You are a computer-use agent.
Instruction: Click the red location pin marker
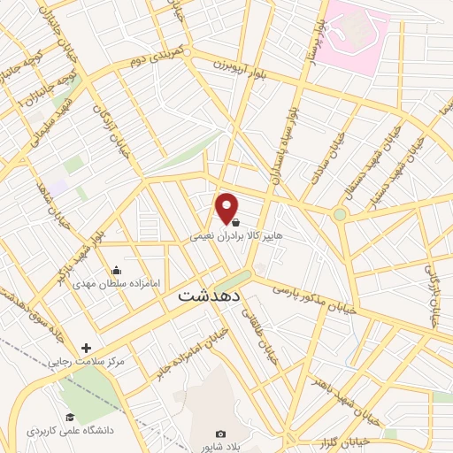click(x=227, y=207)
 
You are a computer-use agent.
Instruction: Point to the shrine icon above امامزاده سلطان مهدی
click(x=115, y=270)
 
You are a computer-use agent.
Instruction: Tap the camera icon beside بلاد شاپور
click(x=220, y=434)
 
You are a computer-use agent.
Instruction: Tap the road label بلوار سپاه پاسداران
click(x=294, y=141)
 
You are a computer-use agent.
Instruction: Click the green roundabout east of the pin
click(x=340, y=214)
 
